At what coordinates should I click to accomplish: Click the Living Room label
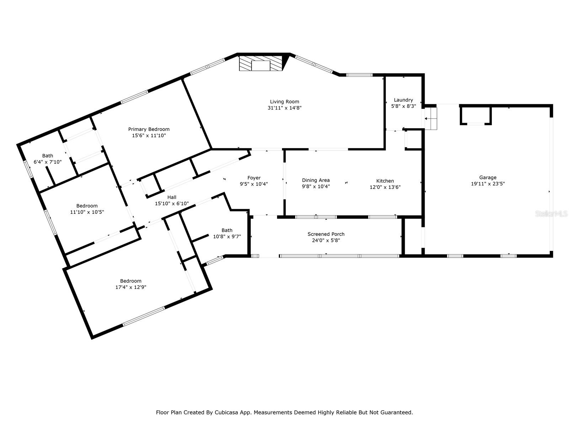[x=284, y=102]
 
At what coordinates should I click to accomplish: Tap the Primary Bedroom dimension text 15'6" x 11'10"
[x=149, y=135]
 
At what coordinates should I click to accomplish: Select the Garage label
[x=488, y=178]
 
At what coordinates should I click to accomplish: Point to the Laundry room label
[x=403, y=100]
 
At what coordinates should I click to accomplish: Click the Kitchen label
[x=385, y=181]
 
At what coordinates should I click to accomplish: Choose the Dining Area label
[x=316, y=180]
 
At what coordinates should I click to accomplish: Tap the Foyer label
[x=254, y=178]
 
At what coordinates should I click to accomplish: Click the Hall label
[x=172, y=197]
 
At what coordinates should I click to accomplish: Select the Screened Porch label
[x=326, y=234]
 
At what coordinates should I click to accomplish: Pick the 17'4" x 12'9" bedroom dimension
[x=131, y=287]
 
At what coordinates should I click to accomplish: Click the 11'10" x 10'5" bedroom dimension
[x=87, y=212]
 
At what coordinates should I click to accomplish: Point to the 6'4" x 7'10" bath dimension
[x=47, y=162]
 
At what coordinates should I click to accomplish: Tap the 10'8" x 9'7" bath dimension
[x=227, y=236]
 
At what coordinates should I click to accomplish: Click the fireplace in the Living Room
[x=261, y=63]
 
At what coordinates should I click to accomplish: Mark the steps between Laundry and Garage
[x=431, y=118]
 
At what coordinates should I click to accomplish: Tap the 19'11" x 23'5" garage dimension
[x=488, y=184]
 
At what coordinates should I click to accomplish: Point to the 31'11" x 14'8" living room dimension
[x=284, y=108]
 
